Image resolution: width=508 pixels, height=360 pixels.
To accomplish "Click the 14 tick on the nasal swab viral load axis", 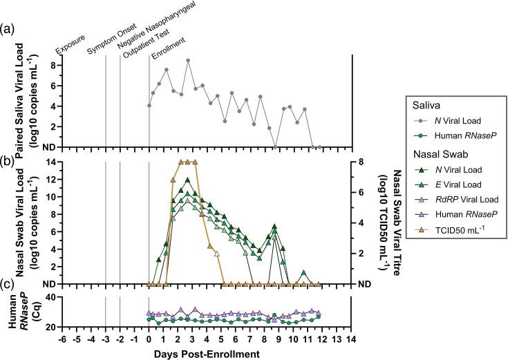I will pyautogui.click(x=51, y=162).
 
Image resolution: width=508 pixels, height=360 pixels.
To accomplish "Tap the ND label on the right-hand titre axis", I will pyautogui.click(x=365, y=284).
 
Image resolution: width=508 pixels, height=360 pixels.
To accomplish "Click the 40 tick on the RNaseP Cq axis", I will pyautogui.click(x=51, y=298).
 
